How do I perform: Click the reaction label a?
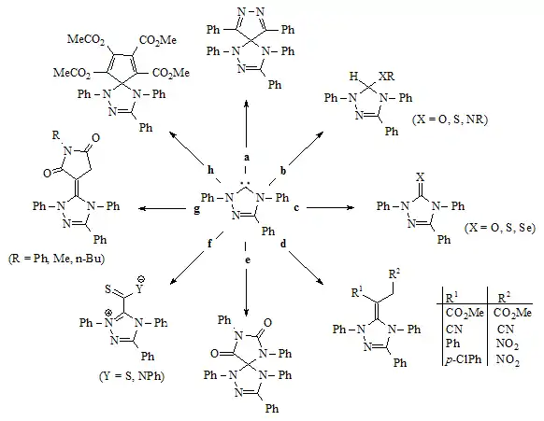coord(247,158)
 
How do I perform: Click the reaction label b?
coord(283,171)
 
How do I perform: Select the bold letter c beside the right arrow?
coord(296,208)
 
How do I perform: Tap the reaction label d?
coord(283,244)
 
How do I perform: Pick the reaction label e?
coord(247,260)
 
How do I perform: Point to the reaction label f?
coord(209,244)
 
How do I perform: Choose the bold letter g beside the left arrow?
coord(196,210)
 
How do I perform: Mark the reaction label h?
coord(210,170)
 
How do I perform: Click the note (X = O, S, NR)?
coord(450,119)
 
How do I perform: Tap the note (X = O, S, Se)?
coord(500,228)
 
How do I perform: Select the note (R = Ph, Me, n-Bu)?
coord(56,259)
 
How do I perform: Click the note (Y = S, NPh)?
coord(132,376)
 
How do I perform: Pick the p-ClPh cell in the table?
coord(463,359)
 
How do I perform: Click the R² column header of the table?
coord(504,297)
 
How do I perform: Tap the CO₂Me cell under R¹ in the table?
coord(465,313)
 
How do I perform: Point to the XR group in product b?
coord(386,76)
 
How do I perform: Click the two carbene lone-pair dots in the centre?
coord(246,182)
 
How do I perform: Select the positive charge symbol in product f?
coord(109,312)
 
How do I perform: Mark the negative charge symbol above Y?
coord(141,278)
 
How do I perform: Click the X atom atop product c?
coord(420,177)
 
